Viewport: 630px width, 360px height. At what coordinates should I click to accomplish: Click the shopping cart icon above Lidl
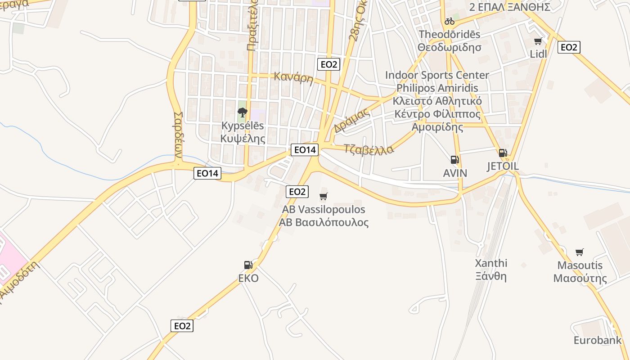[538, 42]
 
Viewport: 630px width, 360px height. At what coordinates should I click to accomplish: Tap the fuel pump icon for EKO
[248, 265]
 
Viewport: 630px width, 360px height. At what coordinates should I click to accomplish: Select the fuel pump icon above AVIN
[454, 160]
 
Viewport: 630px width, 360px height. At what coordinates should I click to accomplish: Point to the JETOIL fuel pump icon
[503, 153]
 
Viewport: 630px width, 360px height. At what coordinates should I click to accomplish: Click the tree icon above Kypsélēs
[243, 112]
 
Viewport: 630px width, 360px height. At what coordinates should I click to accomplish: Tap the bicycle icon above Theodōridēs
[449, 21]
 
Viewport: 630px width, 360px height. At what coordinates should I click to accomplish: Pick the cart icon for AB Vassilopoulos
[323, 196]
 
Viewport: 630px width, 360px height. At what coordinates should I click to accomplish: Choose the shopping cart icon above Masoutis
[580, 252]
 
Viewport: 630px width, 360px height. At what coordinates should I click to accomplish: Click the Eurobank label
[597, 340]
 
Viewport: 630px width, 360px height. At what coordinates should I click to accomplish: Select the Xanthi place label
[491, 263]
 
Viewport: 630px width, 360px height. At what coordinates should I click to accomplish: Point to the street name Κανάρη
[293, 77]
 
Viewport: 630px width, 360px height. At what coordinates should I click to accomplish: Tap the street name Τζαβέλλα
[368, 149]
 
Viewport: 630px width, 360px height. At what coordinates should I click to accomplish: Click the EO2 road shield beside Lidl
[568, 47]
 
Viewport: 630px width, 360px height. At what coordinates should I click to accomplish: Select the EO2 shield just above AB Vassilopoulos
[297, 192]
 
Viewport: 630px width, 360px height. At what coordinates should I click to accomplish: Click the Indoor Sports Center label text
[436, 75]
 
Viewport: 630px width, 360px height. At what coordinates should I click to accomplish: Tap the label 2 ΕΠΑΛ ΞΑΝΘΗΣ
[509, 7]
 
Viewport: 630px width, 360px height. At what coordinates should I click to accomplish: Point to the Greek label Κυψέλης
[243, 138]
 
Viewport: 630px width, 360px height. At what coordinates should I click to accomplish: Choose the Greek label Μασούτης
[580, 278]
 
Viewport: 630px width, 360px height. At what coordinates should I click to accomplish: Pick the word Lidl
[538, 54]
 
